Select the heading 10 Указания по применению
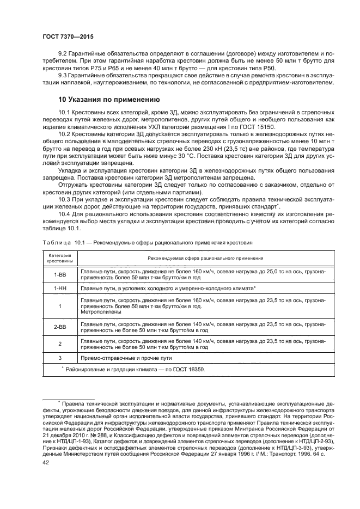(x=117, y=100)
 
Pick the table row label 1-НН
(x=59, y=287)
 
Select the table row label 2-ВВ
(x=59, y=327)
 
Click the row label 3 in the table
(x=59, y=358)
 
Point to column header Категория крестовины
(x=59, y=258)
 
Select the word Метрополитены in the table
(x=99, y=312)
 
